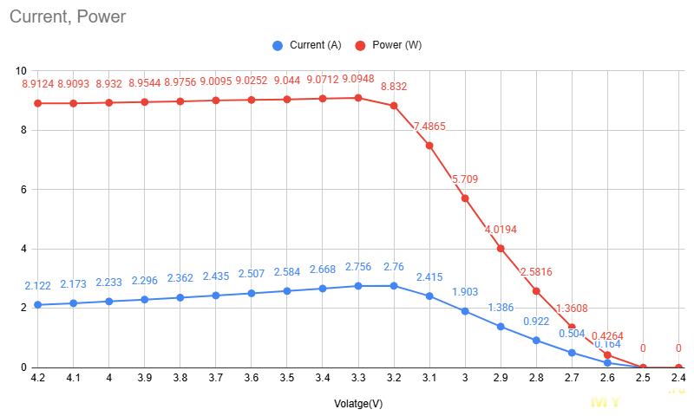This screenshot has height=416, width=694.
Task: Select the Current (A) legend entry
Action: (x=309, y=45)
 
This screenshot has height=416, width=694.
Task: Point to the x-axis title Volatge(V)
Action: (x=358, y=404)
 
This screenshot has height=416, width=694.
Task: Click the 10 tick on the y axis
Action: (x=22, y=71)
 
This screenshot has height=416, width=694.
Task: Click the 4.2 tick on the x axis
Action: (x=37, y=379)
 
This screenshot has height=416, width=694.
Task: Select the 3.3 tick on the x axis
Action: (x=357, y=379)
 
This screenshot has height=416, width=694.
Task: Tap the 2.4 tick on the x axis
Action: (x=678, y=379)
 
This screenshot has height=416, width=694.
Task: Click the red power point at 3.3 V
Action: (x=358, y=98)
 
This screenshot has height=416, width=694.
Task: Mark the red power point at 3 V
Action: (x=465, y=198)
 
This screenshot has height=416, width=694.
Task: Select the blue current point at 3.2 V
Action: (x=394, y=286)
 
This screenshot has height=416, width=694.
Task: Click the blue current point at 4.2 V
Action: (x=38, y=305)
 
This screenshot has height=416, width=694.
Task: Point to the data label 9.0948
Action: (x=358, y=79)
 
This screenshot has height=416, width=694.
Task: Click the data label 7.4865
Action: (x=429, y=127)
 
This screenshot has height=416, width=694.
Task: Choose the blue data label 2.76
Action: (x=394, y=267)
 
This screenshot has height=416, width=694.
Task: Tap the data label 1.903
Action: (x=465, y=292)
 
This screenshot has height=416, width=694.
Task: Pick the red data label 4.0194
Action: (x=501, y=230)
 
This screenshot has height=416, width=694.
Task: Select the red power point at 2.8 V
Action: (x=536, y=291)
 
